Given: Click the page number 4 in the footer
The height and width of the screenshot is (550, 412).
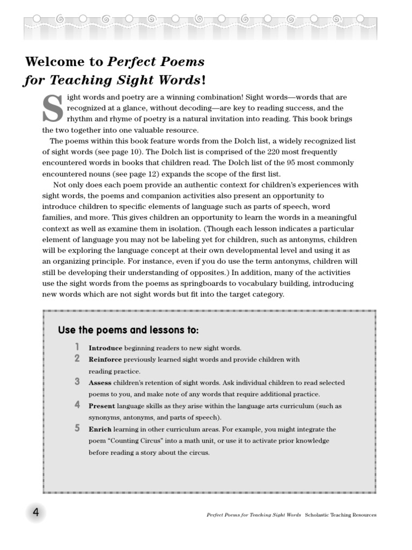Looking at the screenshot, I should coord(36,513).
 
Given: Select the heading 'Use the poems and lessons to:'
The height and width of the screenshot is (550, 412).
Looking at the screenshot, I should coord(128,330).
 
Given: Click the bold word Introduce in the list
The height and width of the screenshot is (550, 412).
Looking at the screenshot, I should coord(105,348).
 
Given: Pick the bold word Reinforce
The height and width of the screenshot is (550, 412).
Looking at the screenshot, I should coord(105,359).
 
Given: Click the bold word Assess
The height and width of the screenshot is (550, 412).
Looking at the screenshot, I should coord(100,383).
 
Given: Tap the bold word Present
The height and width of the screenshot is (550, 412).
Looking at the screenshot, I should coord(101,406).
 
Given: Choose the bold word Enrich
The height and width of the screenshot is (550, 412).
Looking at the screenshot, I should coord(100,430).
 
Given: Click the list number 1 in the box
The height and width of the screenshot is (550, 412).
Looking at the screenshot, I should coord(77,347).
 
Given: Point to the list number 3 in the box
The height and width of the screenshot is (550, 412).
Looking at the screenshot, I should coord(77,382).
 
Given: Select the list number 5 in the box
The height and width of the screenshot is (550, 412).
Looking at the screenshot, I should coord(77,429).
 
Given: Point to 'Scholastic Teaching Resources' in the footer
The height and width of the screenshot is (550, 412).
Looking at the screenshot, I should coord(341,515).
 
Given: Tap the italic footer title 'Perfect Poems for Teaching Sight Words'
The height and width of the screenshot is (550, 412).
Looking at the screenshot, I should coord(254,515).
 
